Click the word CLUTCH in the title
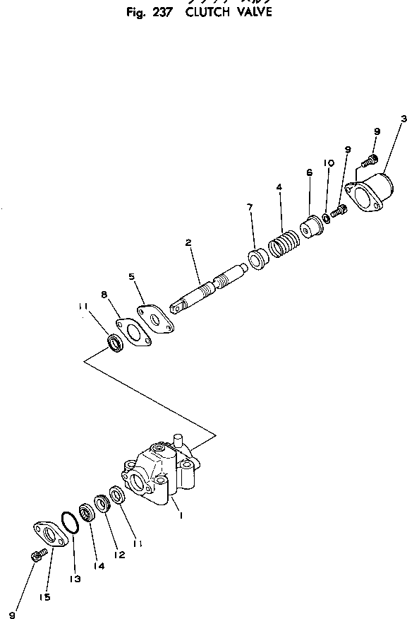pyautogui.click(x=209, y=12)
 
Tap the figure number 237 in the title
pyautogui.click(x=165, y=12)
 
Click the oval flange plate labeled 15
pyautogui.click(x=49, y=535)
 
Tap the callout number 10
pyautogui.click(x=328, y=163)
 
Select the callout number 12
pyautogui.click(x=120, y=555)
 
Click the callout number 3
pyautogui.click(x=402, y=119)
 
